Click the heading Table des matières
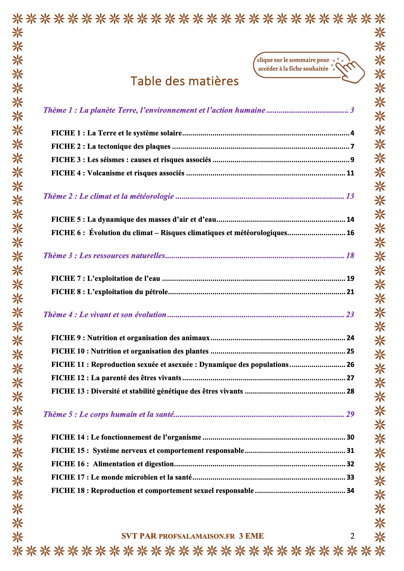coord(184,81)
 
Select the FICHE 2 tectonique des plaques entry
coord(111,146)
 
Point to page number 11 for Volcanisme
coord(350,173)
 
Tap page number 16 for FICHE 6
coord(350,233)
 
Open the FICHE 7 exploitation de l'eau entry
coord(106,278)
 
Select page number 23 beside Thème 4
coord(350,315)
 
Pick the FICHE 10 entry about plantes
coord(130,351)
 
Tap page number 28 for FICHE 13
coord(350,391)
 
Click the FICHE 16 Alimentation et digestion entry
coord(113,464)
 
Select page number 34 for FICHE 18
coord(350,491)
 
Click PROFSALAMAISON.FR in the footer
coord(197,536)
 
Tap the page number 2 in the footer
coord(352,536)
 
